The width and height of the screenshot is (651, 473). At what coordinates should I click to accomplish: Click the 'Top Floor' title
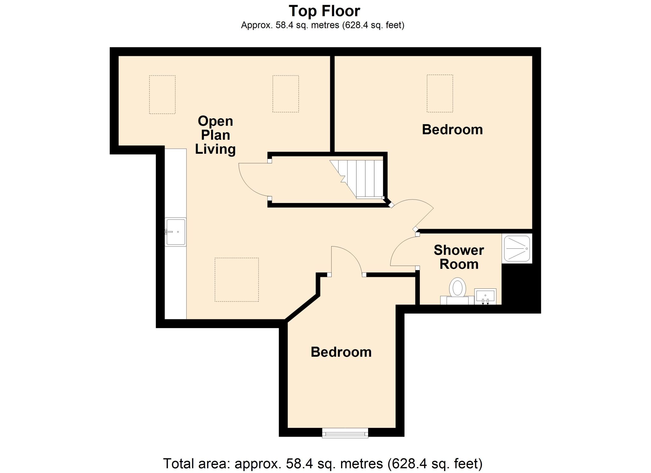coord(324,11)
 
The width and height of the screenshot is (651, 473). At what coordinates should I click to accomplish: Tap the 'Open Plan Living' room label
coord(216,135)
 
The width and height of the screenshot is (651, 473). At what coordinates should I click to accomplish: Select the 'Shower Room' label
coord(459,257)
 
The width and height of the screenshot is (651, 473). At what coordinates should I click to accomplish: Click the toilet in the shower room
coord(457,291)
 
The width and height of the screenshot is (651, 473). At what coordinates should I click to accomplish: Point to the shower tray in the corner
coord(517,248)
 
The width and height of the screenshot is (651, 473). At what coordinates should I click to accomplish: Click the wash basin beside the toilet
coord(485,296)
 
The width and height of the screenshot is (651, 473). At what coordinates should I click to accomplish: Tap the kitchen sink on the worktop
coord(175,232)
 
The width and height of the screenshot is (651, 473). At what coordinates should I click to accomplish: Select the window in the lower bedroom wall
coord(345,433)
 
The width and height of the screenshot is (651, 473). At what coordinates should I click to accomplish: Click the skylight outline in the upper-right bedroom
coord(440,93)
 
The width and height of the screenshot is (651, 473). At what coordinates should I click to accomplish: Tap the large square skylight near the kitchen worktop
coord(236,280)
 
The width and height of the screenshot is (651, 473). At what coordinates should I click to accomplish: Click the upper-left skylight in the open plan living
coord(162,94)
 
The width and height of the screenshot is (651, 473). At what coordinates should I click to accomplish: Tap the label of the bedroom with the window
coord(341,352)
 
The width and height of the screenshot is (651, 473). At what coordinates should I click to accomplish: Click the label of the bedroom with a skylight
coord(452,130)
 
